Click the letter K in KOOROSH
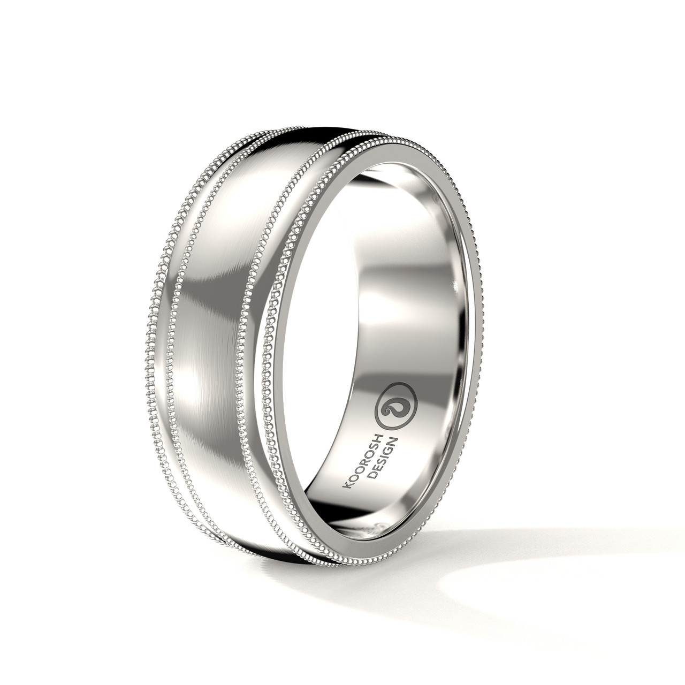pyautogui.click(x=346, y=484)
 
